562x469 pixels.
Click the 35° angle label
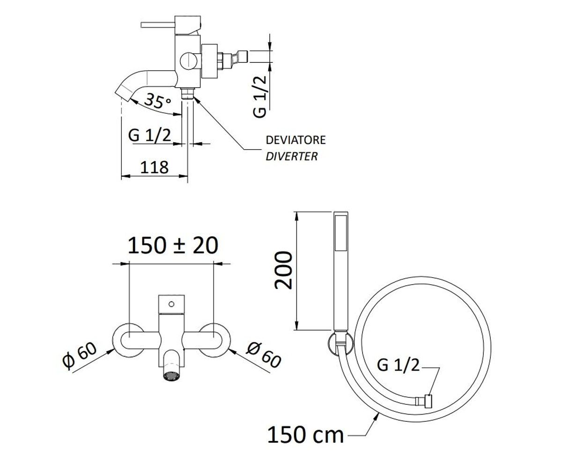(x=158, y=101)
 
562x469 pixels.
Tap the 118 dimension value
(x=154, y=167)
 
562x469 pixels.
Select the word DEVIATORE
(x=296, y=140)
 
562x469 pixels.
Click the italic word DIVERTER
(x=291, y=156)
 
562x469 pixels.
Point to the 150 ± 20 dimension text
(x=173, y=246)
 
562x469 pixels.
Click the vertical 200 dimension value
(x=283, y=270)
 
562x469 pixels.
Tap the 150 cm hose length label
(x=306, y=435)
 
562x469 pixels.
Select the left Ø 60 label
(x=80, y=355)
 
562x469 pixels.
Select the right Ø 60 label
(x=264, y=355)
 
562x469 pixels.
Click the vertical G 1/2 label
(x=260, y=97)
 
